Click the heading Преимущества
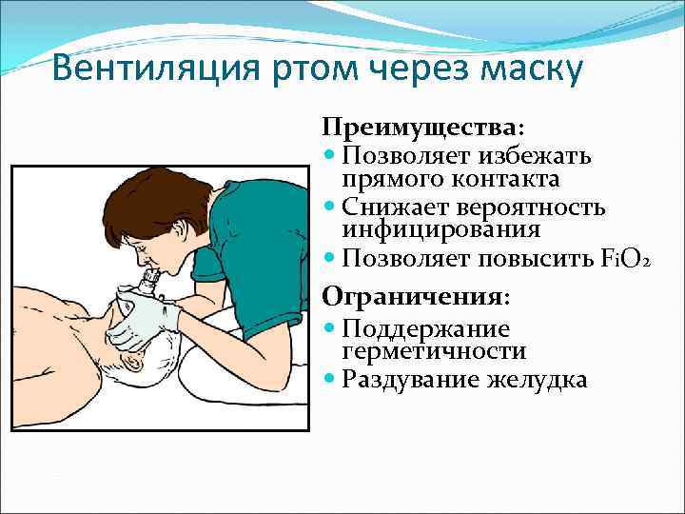422,128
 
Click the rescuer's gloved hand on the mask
143,319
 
